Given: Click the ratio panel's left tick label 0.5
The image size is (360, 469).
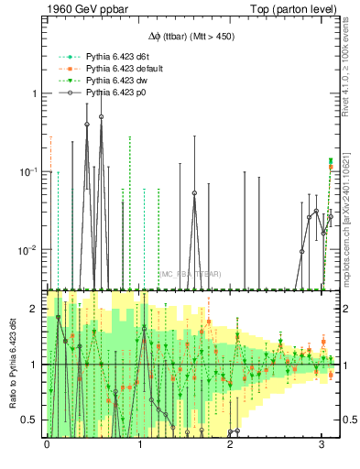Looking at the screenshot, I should click(30, 420).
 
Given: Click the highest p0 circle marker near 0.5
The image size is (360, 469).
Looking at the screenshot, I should click(101, 117).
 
